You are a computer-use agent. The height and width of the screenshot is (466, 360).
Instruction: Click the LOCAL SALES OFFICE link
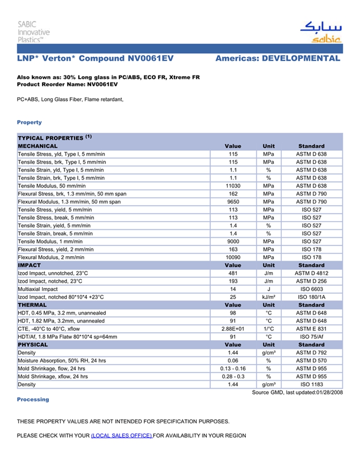[x=121, y=436]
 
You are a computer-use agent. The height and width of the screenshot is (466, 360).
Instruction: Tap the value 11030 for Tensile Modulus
[x=232, y=186]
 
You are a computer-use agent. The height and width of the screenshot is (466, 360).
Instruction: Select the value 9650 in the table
[x=232, y=202]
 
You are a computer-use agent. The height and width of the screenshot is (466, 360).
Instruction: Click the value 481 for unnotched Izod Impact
[x=232, y=274]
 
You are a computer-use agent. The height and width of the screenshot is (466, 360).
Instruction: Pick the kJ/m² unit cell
[x=268, y=297]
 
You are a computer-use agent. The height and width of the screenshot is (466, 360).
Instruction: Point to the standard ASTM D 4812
[x=311, y=274]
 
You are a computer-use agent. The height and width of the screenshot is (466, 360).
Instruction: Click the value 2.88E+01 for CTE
[x=232, y=329]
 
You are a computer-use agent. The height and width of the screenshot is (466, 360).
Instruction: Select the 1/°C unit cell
[x=268, y=329]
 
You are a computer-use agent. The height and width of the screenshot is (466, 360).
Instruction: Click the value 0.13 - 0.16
[x=232, y=369]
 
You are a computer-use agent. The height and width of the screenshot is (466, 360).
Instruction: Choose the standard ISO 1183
[x=311, y=385]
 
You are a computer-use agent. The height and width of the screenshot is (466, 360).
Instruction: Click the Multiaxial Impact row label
[x=38, y=290]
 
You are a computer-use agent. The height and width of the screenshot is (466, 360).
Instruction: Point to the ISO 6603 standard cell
[x=311, y=290]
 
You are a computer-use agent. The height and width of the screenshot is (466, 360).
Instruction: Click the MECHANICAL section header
[x=38, y=146]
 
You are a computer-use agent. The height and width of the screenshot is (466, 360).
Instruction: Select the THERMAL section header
[x=32, y=305]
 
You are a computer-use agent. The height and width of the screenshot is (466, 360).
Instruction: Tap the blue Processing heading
[x=33, y=400]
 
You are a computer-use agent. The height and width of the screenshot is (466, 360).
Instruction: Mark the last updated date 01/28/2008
[x=329, y=392]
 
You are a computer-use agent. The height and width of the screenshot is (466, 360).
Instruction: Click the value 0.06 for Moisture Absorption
[x=232, y=361]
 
